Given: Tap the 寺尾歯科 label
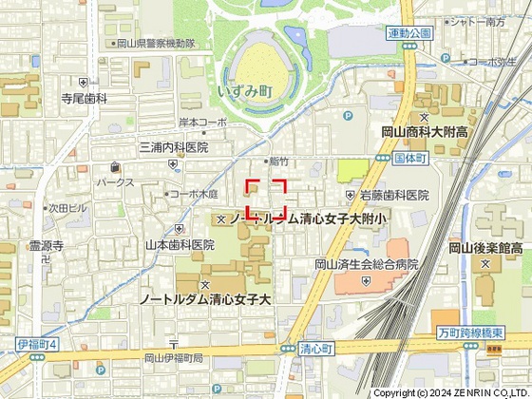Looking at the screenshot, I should (85, 98).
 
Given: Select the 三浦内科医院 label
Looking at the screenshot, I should (173, 148).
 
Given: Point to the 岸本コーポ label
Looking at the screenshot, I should (202, 123).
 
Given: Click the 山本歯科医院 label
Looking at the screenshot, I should (179, 244).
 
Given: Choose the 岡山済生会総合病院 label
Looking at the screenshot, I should (367, 264).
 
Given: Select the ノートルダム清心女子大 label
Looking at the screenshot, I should (204, 298).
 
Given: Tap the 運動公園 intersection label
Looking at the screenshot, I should (409, 32).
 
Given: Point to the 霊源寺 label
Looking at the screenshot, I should (46, 245).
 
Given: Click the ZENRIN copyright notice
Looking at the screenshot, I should (450, 392).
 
